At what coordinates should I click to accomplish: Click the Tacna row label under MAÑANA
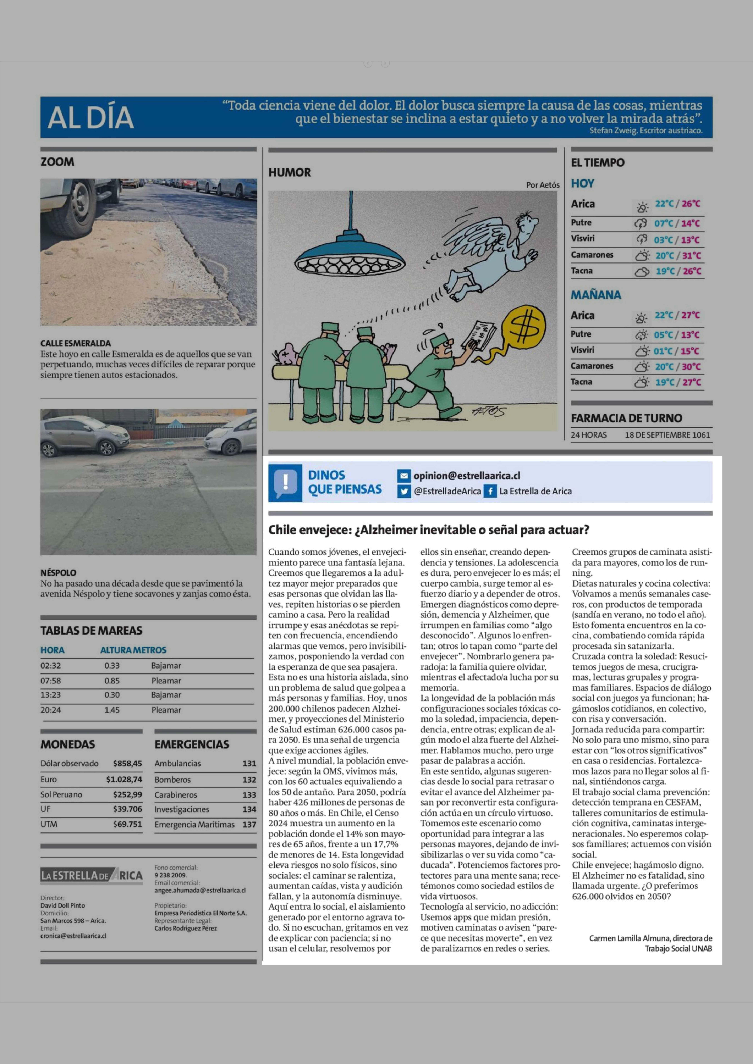[581, 382]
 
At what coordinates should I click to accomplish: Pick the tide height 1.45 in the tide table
[112, 710]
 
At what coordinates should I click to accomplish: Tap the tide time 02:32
[51, 665]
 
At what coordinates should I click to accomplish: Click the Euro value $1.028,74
[124, 779]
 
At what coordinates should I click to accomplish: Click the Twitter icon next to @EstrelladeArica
[404, 491]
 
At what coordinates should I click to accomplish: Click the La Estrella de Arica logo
[91, 875]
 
